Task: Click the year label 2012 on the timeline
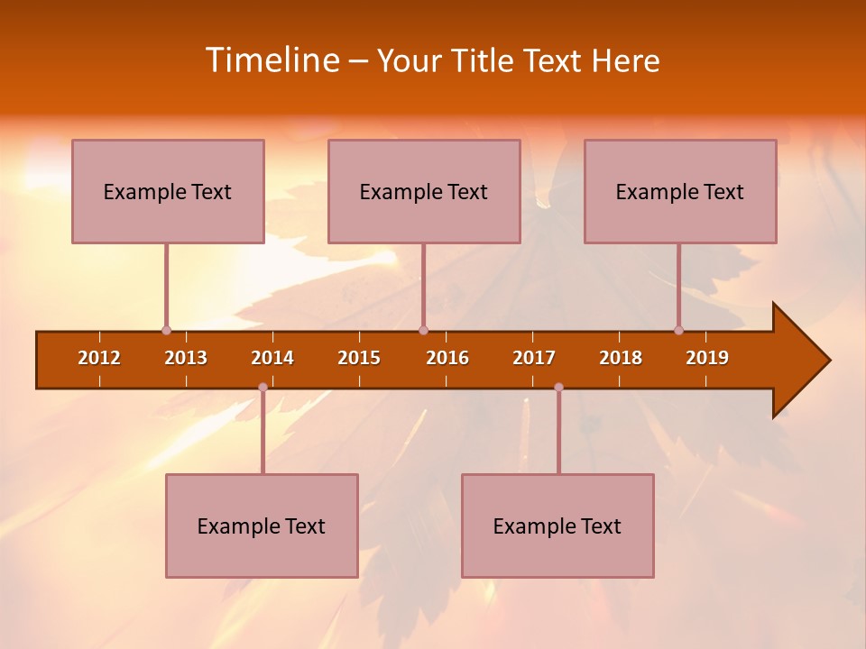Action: point(99,358)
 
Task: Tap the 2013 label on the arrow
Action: point(186,358)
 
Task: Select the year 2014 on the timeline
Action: point(272,358)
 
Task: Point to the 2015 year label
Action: point(359,358)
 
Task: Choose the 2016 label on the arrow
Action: point(447,358)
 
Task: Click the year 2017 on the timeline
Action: point(534,358)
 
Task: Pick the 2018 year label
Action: point(621,358)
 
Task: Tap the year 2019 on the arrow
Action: point(707,358)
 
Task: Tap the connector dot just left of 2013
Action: point(166,331)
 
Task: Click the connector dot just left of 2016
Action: point(423,331)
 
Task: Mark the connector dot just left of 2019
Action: point(678,331)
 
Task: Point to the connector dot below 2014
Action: point(263,388)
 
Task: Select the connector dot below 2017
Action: point(558,388)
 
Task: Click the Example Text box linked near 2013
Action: point(168,191)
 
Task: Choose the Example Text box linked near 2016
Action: point(424,191)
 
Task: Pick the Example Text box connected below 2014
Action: point(262,526)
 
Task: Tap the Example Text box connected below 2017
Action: point(557,526)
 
